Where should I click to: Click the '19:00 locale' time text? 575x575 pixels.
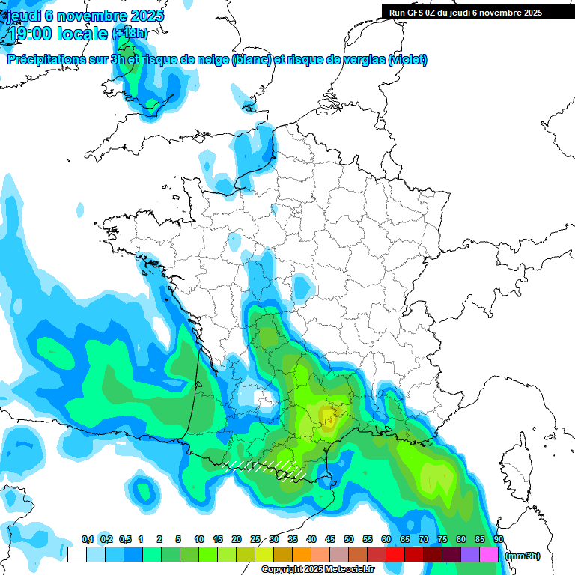click(x=57, y=33)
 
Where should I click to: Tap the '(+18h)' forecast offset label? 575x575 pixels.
click(x=130, y=34)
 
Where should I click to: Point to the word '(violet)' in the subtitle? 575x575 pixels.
click(x=408, y=60)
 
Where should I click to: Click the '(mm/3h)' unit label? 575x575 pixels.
click(x=523, y=556)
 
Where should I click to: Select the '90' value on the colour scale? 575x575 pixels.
click(x=499, y=539)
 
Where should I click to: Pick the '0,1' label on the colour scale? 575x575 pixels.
click(x=88, y=539)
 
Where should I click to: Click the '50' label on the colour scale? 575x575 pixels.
click(x=349, y=539)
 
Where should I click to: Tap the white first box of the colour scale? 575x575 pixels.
click(x=76, y=555)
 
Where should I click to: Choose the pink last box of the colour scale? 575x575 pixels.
click(x=489, y=555)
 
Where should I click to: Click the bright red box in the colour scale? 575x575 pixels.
click(x=395, y=555)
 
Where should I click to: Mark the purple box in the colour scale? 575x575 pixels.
click(x=470, y=555)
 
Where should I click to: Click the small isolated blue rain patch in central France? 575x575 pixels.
click(x=302, y=286)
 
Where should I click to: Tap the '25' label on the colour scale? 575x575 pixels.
click(x=255, y=539)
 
